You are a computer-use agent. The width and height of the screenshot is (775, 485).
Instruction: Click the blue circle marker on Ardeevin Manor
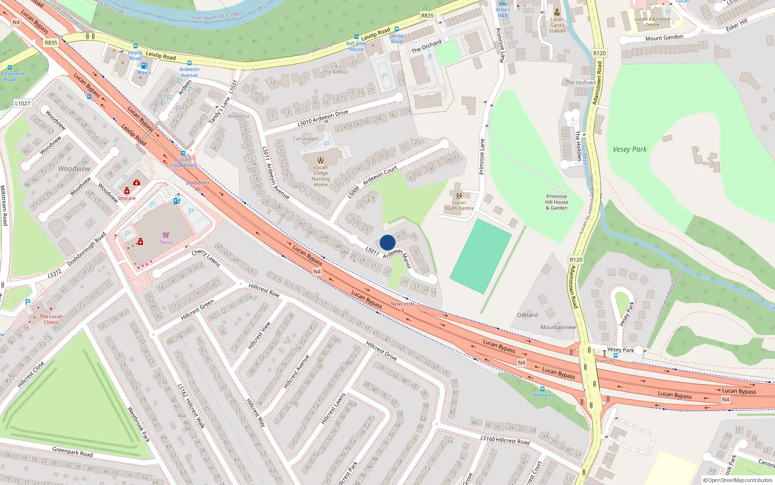(387, 242)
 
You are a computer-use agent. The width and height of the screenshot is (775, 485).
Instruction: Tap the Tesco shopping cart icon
(166, 235)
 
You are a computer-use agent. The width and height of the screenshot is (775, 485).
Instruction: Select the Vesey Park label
(629, 149)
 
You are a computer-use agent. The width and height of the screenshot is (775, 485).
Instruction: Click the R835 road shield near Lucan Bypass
(51, 43)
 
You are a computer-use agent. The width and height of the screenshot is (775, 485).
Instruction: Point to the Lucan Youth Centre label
(459, 206)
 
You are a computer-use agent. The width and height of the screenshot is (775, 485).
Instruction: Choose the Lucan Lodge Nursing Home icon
(320, 160)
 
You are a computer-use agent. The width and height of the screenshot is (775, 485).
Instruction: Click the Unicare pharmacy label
(127, 198)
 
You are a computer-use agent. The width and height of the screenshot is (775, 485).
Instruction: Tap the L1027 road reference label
(22, 103)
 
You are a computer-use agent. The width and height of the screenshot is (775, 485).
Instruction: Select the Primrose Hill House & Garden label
(557, 202)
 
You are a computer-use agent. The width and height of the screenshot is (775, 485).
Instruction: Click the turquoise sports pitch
(480, 256)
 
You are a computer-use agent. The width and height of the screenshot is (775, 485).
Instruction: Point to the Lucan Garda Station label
(557, 25)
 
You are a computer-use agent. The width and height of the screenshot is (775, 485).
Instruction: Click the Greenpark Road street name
(72, 452)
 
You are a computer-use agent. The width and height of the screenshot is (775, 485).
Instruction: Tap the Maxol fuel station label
(144, 73)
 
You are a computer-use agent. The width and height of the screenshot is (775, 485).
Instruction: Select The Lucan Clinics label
(51, 319)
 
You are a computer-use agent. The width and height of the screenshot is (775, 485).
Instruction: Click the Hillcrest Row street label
(264, 290)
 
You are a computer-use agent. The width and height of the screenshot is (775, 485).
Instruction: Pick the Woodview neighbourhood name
(74, 169)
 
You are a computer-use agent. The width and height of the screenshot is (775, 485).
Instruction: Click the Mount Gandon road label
(664, 38)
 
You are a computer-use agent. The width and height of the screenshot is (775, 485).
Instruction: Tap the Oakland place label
(527, 315)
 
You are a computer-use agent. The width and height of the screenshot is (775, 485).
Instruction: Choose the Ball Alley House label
(356, 46)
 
